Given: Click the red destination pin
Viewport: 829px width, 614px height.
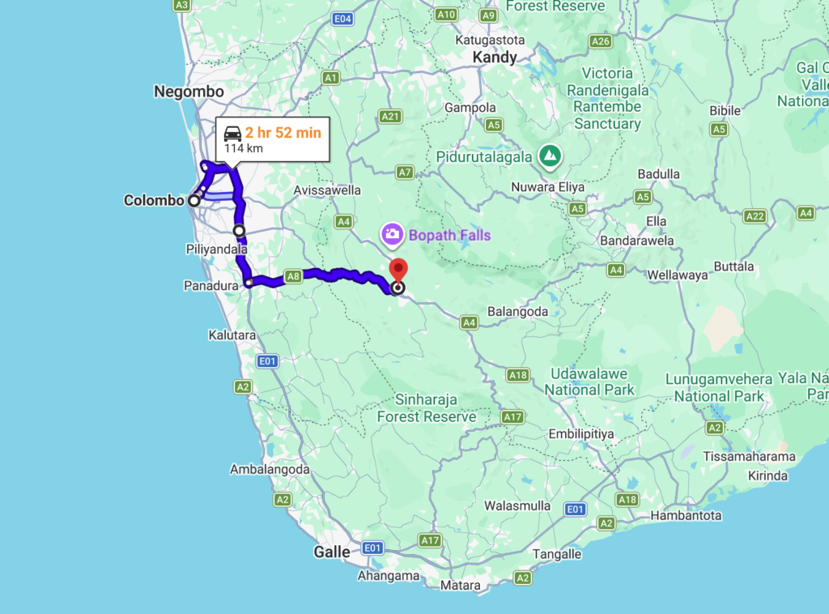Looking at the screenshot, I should pos(397,270).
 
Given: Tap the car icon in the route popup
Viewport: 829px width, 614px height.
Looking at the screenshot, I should pos(232,133).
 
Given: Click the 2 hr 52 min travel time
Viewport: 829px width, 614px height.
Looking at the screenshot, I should pos(283,132).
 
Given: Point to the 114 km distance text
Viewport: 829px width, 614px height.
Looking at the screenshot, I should pos(243,148).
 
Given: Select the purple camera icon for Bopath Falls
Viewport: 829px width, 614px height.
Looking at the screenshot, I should pos(392,235).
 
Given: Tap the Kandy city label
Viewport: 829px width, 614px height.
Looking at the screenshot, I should pos(495,58).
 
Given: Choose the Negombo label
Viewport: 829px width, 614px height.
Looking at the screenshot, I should pos(189,92).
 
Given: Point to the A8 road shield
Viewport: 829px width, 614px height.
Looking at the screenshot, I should pos(293,276).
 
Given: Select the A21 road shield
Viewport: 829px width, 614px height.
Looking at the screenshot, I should pos(391,117).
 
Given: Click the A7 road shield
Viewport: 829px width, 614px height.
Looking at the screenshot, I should pos(405,172).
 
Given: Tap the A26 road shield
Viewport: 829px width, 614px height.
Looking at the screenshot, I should pos(600,41).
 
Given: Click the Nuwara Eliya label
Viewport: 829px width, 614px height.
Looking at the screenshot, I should pos(548,187).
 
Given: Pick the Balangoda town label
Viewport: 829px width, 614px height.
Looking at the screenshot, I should pos(517,311).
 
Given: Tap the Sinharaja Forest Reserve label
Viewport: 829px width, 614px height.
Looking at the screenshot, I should pos(427,408).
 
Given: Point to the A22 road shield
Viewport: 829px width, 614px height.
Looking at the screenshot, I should pos(755,215).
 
